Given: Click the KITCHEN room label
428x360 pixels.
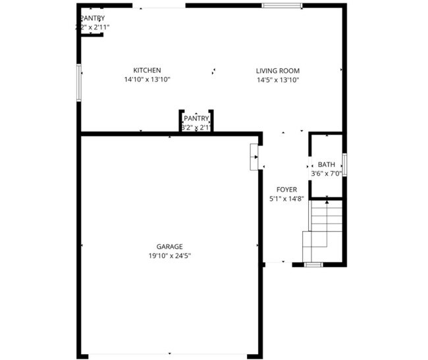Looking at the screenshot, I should (147, 70).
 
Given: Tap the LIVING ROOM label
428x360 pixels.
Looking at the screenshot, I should (278, 70).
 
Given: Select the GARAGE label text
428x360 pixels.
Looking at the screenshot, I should (169, 247).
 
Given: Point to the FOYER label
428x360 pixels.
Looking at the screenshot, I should (286, 190).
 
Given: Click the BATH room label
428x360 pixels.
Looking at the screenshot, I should (326, 165).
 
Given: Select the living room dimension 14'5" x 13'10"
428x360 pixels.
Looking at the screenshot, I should (278, 80).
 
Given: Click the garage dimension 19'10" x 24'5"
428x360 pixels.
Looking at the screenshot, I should (169, 256).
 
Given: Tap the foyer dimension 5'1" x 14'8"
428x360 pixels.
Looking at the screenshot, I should (286, 198).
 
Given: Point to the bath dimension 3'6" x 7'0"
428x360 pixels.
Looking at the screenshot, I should (326, 174).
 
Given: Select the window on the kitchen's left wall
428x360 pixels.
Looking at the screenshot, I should (78, 82).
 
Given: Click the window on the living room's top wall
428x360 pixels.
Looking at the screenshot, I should (282, 5).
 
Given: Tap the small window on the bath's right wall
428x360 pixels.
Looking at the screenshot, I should (344, 164).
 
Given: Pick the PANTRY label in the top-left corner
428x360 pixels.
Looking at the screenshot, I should (92, 18).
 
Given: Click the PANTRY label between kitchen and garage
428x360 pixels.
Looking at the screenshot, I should (196, 118).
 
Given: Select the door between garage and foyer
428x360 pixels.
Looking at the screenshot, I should (255, 157).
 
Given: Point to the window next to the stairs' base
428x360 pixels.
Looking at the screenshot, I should (313, 264).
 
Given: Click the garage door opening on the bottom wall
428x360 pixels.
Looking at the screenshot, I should (169, 355).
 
